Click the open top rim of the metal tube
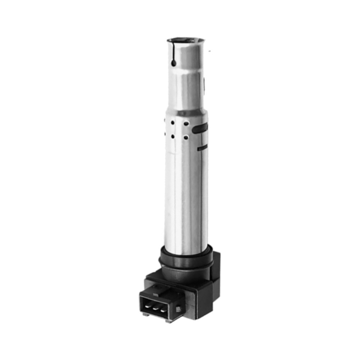point(186,39)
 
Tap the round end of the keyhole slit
point(174,63)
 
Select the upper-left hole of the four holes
point(173,123)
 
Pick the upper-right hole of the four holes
point(186,123)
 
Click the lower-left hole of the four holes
point(173,136)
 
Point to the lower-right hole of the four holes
point(186,137)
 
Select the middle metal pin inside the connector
point(156,308)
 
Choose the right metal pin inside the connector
point(164,310)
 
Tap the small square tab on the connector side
point(178,309)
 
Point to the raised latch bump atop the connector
point(158,286)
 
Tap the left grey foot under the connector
point(145,314)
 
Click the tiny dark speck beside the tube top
point(210,51)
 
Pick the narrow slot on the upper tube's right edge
point(204,83)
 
